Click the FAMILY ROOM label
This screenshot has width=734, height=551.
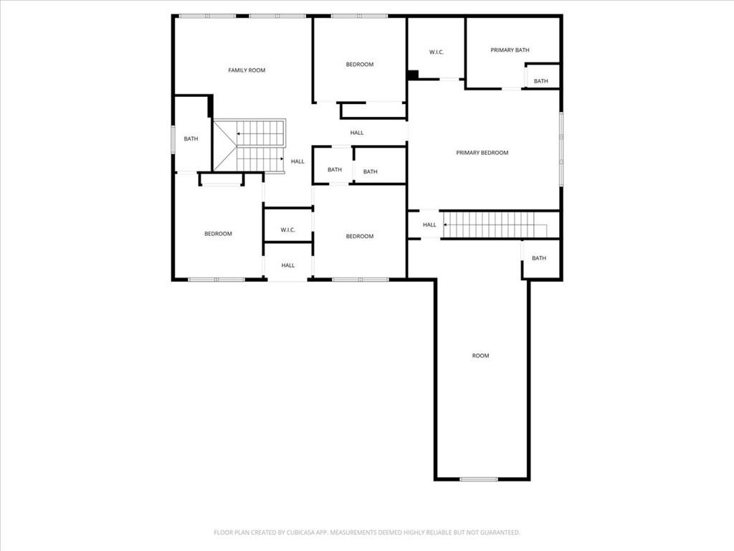(x=247, y=70)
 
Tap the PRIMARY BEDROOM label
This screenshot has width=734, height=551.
(x=482, y=153)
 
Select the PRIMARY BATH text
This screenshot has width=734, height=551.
(x=510, y=50)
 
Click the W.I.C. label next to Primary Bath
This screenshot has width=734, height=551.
(x=436, y=52)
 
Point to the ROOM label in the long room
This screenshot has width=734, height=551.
(x=480, y=356)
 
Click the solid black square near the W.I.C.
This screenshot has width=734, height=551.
(x=412, y=75)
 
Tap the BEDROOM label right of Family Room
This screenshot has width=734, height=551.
(x=359, y=65)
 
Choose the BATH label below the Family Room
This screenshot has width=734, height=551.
(x=191, y=139)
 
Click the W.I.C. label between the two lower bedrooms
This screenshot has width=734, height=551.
(x=287, y=230)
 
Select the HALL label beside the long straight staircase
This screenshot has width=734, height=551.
(x=429, y=225)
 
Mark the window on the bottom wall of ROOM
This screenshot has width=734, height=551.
(x=479, y=479)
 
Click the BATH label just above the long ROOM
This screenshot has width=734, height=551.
(x=538, y=258)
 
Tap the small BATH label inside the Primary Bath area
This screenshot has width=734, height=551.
(x=540, y=81)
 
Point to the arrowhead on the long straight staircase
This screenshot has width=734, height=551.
(x=446, y=225)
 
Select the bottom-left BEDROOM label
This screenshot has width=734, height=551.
(x=218, y=234)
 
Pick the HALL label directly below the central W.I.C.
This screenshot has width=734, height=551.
(x=287, y=265)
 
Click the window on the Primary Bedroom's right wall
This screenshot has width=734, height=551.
(x=561, y=149)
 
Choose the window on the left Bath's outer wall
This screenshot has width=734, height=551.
(x=173, y=139)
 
